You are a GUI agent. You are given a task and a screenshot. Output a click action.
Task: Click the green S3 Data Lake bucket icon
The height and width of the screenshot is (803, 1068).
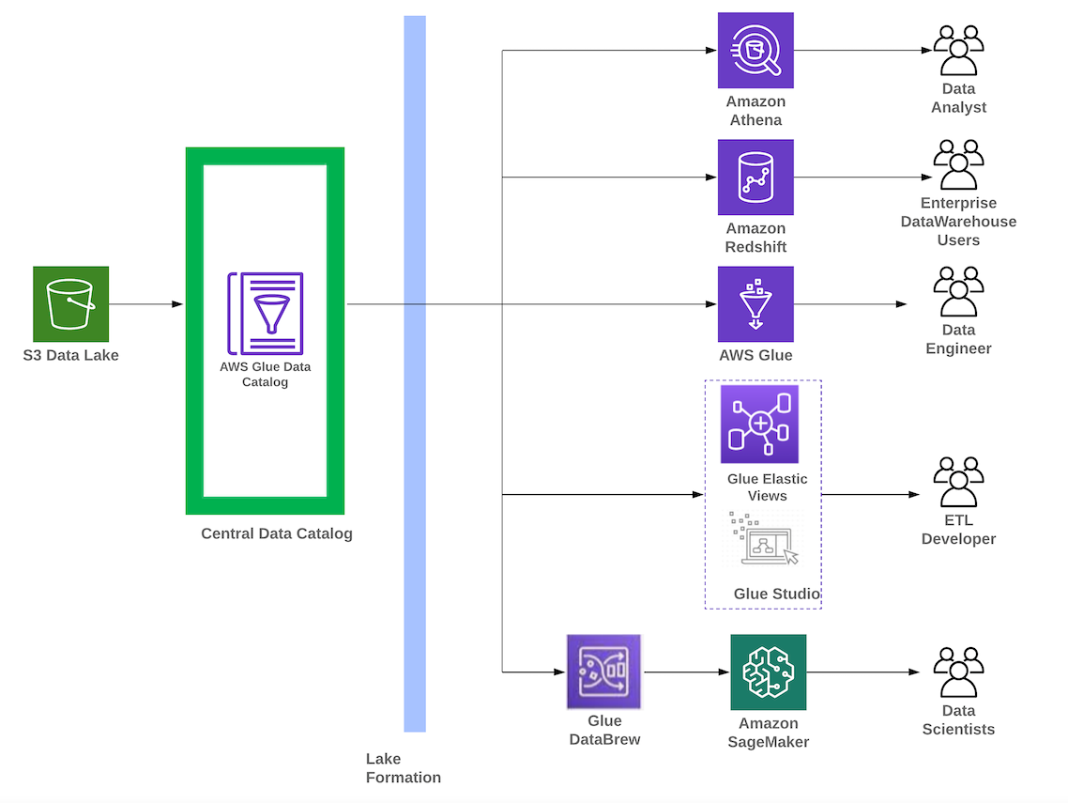pyautogui.click(x=70, y=303)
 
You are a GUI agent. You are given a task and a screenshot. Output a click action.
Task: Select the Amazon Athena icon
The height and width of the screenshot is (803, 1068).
pyautogui.click(x=755, y=51)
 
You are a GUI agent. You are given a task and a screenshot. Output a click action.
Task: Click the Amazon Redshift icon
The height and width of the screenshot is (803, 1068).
pyautogui.click(x=755, y=178)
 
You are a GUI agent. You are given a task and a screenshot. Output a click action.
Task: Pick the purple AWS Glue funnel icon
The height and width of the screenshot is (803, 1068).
pyautogui.click(x=755, y=304)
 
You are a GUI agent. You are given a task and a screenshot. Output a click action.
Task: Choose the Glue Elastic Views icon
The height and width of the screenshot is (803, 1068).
pyautogui.click(x=759, y=424)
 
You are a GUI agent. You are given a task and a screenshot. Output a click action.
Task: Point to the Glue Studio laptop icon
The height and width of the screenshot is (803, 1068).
pyautogui.click(x=763, y=539)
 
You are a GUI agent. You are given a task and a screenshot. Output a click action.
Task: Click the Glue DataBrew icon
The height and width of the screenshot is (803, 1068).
pyautogui.click(x=603, y=672)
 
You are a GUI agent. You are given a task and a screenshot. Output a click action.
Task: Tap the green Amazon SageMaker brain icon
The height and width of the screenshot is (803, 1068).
pyautogui.click(x=768, y=672)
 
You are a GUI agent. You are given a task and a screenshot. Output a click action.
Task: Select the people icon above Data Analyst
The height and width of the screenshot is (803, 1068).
pyautogui.click(x=958, y=51)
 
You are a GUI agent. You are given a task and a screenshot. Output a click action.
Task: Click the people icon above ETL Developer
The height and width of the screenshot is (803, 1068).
pyautogui.click(x=958, y=483)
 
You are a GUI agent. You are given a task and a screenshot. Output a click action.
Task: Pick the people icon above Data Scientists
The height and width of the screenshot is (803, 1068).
pyautogui.click(x=958, y=672)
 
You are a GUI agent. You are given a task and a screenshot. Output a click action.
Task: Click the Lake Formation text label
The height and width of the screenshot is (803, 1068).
pyautogui.click(x=403, y=768)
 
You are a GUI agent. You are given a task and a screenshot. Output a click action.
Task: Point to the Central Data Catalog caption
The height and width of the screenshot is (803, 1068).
pyautogui.click(x=277, y=533)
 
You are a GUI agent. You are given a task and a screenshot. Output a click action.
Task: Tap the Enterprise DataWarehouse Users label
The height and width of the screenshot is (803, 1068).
pyautogui.click(x=958, y=222)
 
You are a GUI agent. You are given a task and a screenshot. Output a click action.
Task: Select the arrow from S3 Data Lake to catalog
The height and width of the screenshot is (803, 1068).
pyautogui.click(x=145, y=304)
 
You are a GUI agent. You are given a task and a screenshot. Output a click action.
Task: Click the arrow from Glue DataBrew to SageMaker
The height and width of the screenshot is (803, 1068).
pyautogui.click(x=686, y=672)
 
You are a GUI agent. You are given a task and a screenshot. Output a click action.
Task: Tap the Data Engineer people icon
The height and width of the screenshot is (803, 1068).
pyautogui.click(x=958, y=292)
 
